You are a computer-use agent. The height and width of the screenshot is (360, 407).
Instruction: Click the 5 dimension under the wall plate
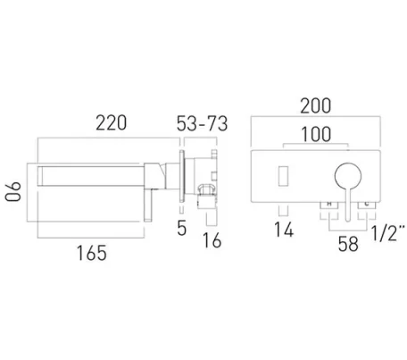pyautogui.click(x=180, y=229)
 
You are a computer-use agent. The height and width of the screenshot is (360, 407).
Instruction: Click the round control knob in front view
pyautogui.click(x=345, y=175)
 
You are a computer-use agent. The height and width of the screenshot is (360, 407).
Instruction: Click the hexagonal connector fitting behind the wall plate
pyautogui.click(x=204, y=190)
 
